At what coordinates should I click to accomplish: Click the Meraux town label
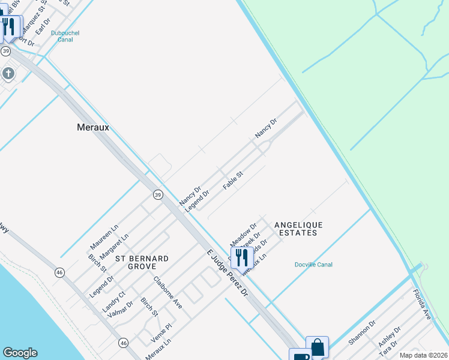93,127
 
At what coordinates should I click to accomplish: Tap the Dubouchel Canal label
65,37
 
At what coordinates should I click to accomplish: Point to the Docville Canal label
313,265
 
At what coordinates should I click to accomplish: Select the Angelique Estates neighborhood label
298,229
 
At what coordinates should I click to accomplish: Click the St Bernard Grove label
142,262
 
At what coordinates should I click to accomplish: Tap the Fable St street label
232,181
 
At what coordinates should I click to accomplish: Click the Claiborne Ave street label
167,292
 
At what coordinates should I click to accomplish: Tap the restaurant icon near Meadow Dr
242,257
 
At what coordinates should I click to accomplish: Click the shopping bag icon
317,346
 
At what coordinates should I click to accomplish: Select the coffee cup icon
300,356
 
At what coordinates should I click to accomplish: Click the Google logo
20,353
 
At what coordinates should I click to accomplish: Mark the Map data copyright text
423,355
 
